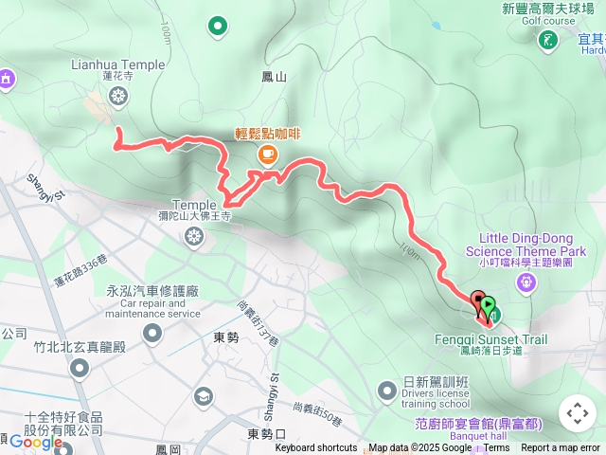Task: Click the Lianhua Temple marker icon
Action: click(x=117, y=95)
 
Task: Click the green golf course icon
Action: click(x=548, y=41)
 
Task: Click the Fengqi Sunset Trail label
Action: click(x=504, y=339)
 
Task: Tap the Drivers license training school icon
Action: click(x=386, y=390)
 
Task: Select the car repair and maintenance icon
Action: click(x=152, y=333)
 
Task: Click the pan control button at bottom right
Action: click(x=578, y=413)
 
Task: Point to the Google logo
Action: click(x=36, y=442)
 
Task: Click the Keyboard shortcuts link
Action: click(x=315, y=448)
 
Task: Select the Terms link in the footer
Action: click(x=496, y=448)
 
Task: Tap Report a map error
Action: click(x=561, y=448)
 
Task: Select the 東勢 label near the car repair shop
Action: click(x=226, y=337)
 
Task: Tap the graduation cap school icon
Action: click(x=203, y=396)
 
